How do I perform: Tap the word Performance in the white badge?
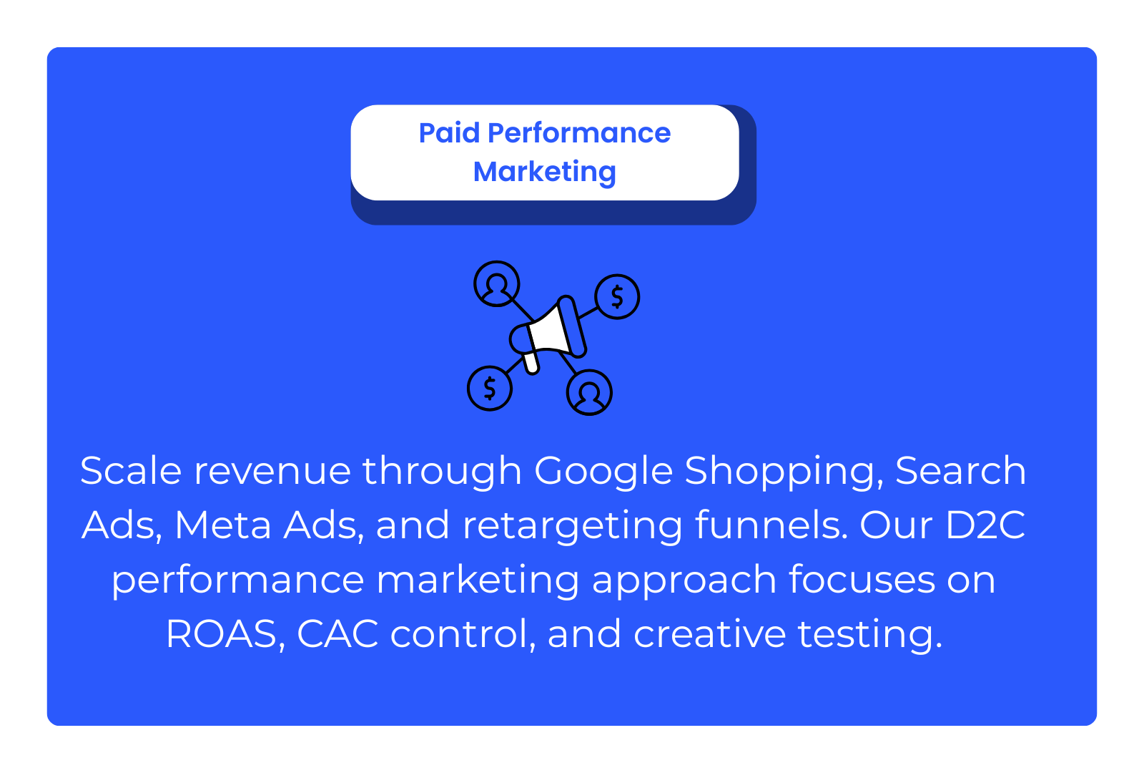[x=579, y=133]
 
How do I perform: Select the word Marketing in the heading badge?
[x=544, y=172]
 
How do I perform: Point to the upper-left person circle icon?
[x=496, y=283]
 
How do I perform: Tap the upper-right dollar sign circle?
[x=617, y=296]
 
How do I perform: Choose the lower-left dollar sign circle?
[x=490, y=389]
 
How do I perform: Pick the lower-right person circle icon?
[x=589, y=392]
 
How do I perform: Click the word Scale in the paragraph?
[x=131, y=470]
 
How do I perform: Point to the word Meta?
[x=222, y=525]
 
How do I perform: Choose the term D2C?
[x=985, y=525]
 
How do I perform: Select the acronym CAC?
[x=337, y=634]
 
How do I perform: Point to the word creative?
[x=709, y=634]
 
